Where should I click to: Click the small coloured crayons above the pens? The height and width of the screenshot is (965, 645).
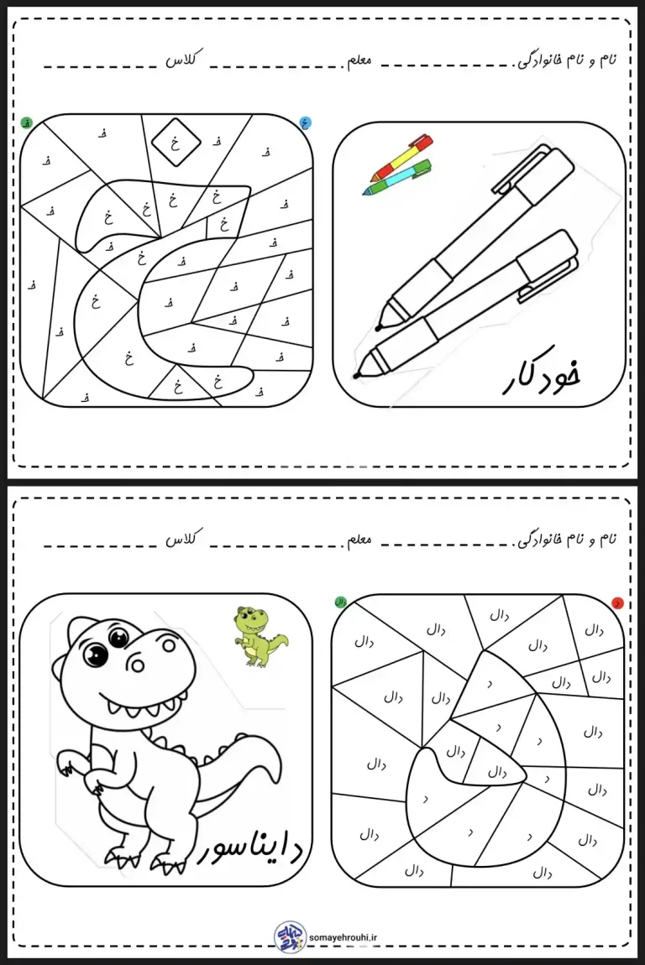tap(400, 165)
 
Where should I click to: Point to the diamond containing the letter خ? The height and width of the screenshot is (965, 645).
tap(176, 143)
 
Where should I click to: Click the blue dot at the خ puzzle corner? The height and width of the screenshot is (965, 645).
tap(306, 123)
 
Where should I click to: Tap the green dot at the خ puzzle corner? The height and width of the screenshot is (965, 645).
tap(28, 123)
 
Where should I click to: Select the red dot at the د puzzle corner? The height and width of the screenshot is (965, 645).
tap(617, 602)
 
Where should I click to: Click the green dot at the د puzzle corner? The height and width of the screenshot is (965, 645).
tap(340, 602)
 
